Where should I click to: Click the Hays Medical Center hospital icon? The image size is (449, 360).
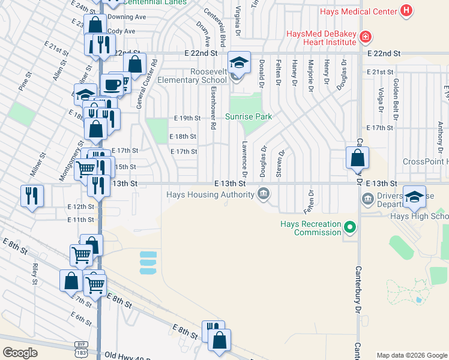pyautogui.click(x=407, y=11)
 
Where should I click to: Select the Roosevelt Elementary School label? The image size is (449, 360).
pyautogui.click(x=200, y=76)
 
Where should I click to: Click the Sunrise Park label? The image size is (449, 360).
pyautogui.click(x=249, y=117)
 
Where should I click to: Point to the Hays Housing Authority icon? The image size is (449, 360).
pyautogui.click(x=263, y=193)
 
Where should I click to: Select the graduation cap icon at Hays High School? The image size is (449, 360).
pyautogui.click(x=414, y=196)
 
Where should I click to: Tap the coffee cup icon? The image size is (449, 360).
pyautogui.click(x=112, y=85)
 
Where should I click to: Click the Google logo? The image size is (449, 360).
pyautogui.click(x=20, y=352)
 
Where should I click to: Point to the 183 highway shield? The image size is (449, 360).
pyautogui.click(x=81, y=354)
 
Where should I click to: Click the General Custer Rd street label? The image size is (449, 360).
pyautogui.click(x=139, y=83)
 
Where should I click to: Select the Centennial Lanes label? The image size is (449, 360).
pyautogui.click(x=160, y=2)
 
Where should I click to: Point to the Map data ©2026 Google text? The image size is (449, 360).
pyautogui.click(x=411, y=355)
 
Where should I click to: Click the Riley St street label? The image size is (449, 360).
pyautogui.click(x=35, y=272)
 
